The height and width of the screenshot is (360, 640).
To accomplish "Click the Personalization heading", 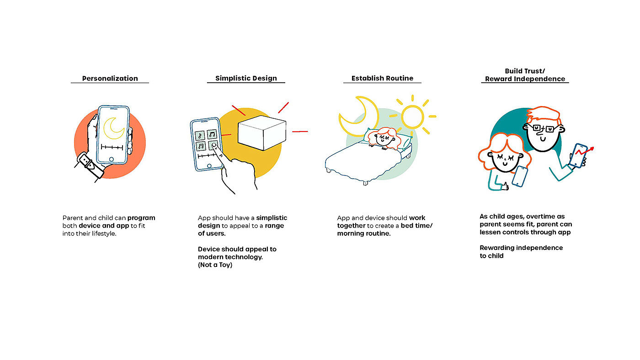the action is click(x=110, y=78).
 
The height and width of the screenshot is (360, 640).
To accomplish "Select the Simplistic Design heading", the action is click(x=246, y=78).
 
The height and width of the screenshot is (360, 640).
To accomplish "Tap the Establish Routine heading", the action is click(x=382, y=78).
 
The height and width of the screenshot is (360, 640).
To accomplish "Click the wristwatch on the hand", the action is click(x=90, y=163).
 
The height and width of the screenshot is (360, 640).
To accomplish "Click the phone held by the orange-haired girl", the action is click(x=519, y=176).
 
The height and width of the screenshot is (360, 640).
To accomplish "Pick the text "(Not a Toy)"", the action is click(x=215, y=265).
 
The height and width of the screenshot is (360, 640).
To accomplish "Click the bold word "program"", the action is click(x=141, y=218).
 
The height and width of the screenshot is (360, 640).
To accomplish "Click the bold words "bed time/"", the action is click(x=416, y=226).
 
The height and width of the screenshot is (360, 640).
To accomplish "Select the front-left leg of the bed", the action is click(x=328, y=170).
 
